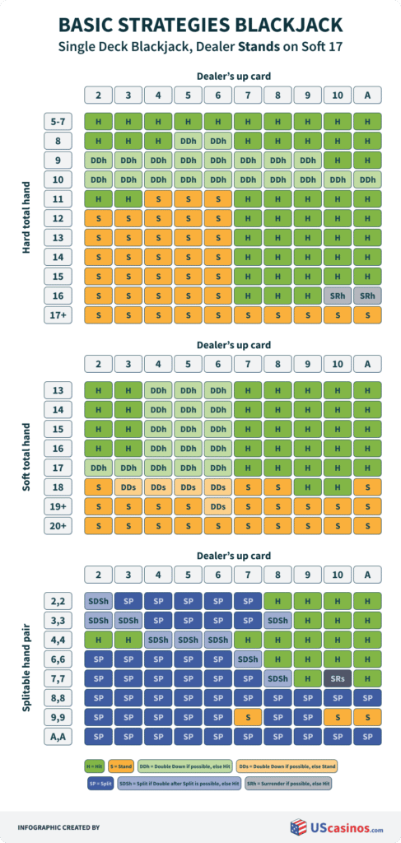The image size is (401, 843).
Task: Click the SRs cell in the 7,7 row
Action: click(x=338, y=677)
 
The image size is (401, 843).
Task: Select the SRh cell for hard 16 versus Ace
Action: click(x=367, y=294)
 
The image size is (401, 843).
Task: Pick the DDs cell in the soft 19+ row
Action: click(x=218, y=506)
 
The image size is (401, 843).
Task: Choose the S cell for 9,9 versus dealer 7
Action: click(x=248, y=716)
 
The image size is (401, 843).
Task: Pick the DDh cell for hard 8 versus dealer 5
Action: click(x=188, y=141)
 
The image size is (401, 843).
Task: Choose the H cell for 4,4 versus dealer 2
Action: click(x=98, y=637)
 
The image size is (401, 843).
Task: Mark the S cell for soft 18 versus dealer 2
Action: click(x=98, y=487)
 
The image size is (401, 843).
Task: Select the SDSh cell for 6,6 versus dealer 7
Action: click(x=248, y=657)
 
